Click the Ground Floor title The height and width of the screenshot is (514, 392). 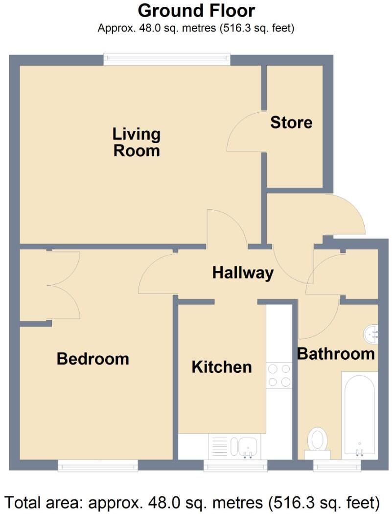[x=196, y=10]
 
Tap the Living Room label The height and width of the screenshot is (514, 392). [x=137, y=142]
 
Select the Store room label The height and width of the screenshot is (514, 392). [x=291, y=122]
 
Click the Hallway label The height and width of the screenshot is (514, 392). [x=242, y=272]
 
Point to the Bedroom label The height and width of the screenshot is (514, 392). [x=92, y=359]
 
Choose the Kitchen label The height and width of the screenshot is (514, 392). [x=222, y=367]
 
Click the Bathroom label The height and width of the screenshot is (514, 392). [x=336, y=353]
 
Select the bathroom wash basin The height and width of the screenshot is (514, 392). [x=371, y=334]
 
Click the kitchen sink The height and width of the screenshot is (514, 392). [x=243, y=446]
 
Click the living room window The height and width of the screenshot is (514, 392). [x=167, y=59]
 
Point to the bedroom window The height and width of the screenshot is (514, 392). [x=97, y=465]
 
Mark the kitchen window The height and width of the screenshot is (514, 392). [x=235, y=465]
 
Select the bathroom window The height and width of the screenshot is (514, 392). [x=337, y=465]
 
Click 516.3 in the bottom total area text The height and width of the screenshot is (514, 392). [x=298, y=502]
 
